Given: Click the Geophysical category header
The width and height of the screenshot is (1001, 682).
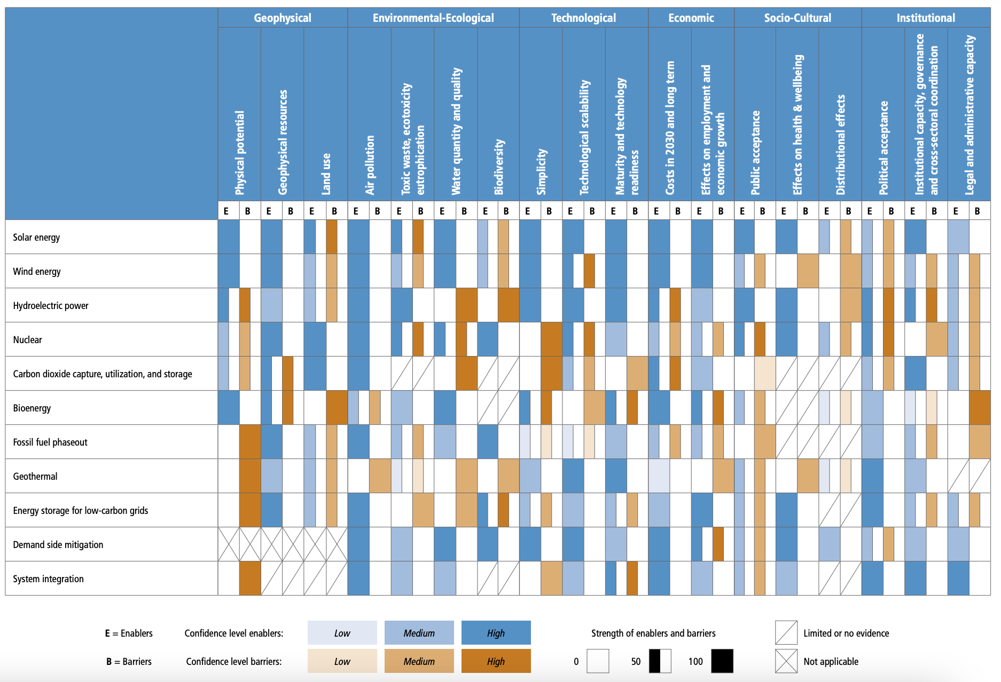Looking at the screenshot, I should click(282, 18).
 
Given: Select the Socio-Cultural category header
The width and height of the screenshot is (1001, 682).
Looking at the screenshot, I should click(797, 18).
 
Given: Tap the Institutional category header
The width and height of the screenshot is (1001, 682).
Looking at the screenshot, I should click(925, 18).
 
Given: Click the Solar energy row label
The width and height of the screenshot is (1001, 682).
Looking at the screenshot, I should click(36, 237).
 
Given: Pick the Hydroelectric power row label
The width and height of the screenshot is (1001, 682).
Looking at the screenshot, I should click(51, 306).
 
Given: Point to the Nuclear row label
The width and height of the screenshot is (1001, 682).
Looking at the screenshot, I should click(27, 340).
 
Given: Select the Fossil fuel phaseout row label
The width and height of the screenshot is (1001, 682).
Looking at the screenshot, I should click(50, 442).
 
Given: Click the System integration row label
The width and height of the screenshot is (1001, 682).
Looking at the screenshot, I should click(48, 579).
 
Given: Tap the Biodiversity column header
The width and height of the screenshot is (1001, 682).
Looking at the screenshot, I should click(499, 166).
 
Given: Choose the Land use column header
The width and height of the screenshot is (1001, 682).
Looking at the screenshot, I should click(326, 173).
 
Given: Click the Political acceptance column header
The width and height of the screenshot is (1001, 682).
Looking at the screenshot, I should click(883, 148).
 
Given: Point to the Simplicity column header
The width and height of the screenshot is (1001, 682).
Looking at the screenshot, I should click(542, 171).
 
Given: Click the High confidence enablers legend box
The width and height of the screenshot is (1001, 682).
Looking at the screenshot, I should click(496, 633).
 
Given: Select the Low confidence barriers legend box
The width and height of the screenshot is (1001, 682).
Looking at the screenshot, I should click(342, 661).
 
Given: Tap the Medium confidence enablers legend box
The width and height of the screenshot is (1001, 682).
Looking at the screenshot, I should click(419, 633).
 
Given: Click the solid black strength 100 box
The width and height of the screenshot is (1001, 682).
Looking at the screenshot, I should click(722, 661).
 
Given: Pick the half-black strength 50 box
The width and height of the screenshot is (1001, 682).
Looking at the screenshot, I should click(660, 661).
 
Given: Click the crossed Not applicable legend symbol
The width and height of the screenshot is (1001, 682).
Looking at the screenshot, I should click(786, 661).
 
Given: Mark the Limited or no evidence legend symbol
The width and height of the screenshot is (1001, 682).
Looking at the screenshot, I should click(786, 633).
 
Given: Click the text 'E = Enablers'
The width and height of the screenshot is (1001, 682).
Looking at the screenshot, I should click(129, 633).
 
